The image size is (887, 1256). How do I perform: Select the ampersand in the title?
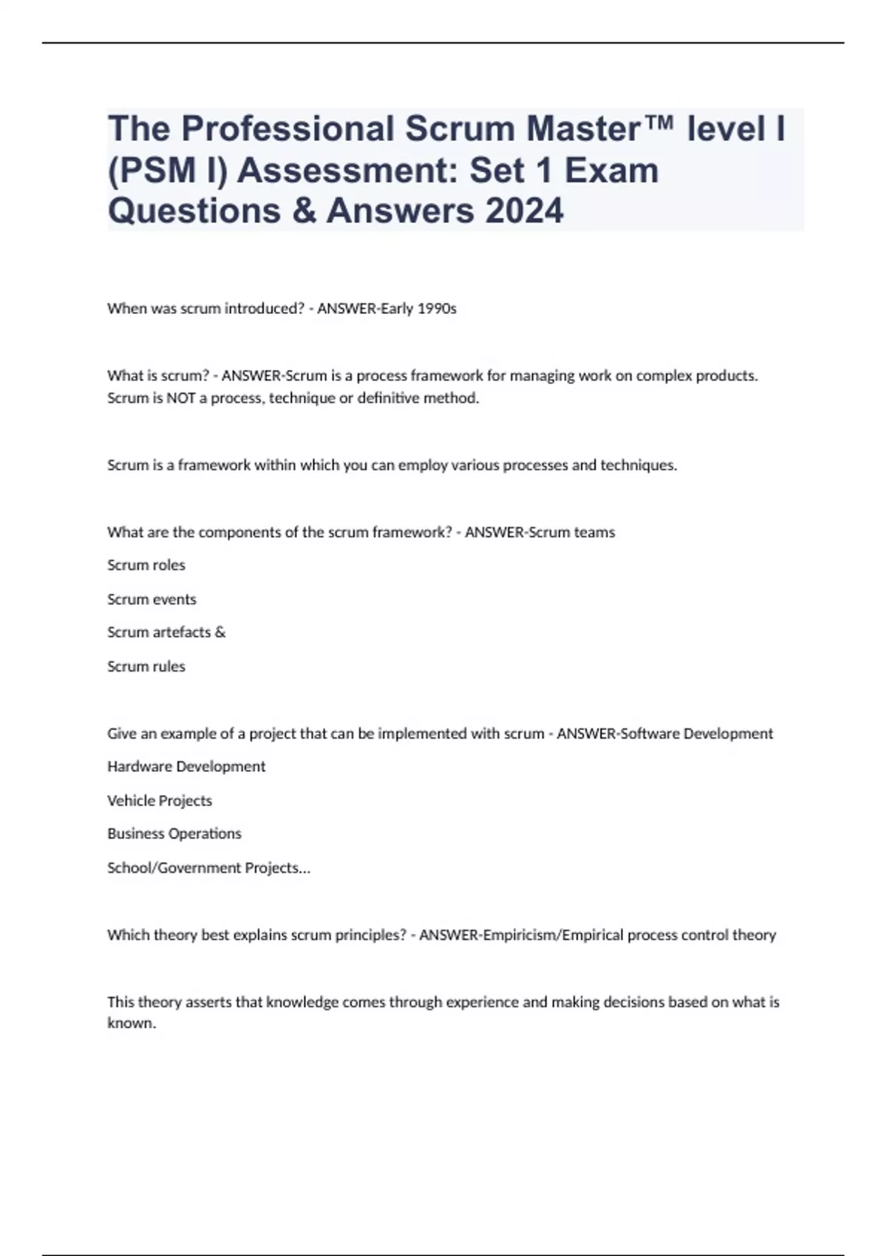point(304,211)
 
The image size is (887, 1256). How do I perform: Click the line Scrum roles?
point(146,565)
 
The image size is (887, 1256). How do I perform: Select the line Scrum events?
point(152,599)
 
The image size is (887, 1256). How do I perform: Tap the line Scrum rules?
point(146,666)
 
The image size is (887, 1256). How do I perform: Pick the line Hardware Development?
point(186,767)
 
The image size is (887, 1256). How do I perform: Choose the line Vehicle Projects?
point(160,801)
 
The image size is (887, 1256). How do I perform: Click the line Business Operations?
point(174,833)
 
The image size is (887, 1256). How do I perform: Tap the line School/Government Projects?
point(208,868)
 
